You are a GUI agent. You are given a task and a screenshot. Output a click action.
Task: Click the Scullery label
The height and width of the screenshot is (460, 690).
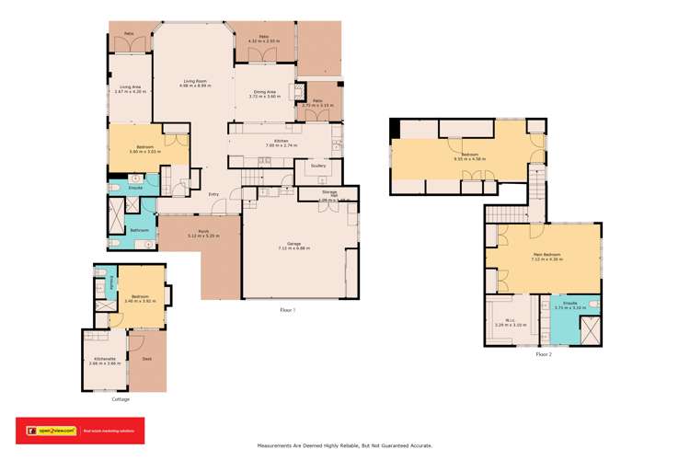click(318, 167)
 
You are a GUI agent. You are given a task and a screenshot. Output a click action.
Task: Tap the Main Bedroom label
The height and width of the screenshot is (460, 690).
click(546, 256)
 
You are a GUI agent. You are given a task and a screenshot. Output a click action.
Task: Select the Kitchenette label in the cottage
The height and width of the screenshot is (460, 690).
click(104, 361)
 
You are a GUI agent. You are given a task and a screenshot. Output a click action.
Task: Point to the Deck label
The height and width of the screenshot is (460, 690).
click(146, 359)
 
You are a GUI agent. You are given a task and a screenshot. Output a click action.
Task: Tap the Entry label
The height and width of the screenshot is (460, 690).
click(213, 193)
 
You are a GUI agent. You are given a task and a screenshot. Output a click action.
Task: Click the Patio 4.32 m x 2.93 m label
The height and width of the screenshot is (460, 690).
click(263, 39)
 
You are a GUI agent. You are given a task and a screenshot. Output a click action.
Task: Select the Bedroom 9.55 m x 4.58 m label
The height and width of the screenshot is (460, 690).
click(469, 156)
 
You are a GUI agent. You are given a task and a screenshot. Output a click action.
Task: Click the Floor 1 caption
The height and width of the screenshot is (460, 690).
click(287, 311)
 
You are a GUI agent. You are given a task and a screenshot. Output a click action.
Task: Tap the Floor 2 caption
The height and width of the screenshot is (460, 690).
click(543, 354)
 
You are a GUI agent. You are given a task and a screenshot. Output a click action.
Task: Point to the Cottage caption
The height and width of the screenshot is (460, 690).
click(121, 399)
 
